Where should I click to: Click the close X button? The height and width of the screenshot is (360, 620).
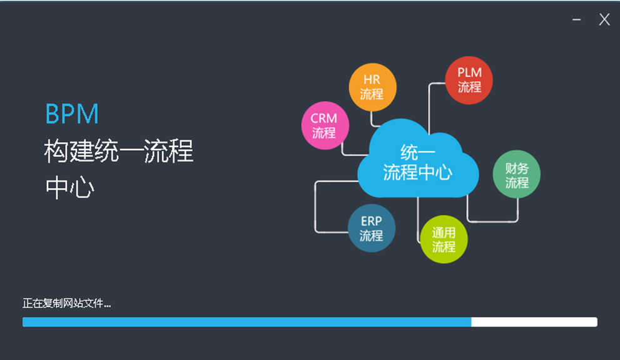coord(604,19)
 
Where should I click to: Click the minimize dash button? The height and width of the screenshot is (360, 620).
coord(576,20)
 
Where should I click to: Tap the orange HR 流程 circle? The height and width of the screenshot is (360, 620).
coord(372,88)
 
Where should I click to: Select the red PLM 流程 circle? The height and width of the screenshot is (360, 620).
coord(469,80)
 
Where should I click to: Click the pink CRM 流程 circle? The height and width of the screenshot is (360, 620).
coord(323,125)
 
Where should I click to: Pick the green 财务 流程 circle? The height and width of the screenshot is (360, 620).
coord(517,175)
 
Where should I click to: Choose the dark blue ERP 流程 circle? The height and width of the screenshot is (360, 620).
coord(371,229)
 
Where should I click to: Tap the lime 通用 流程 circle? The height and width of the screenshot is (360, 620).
coord(444,239)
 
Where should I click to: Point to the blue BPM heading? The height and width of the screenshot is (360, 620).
coord(72,115)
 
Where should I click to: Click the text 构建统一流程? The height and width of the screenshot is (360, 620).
coord(119,152)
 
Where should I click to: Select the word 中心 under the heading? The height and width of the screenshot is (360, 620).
coord(69,188)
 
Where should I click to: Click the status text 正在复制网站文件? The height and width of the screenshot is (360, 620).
coord(66,304)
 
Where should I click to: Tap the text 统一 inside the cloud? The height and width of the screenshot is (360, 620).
coord(417,152)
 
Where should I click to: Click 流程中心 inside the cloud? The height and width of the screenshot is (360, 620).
coord(417,172)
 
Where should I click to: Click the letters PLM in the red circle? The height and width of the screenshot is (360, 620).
coord(469,73)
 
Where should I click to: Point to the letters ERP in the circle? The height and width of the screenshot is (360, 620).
coord(371,222)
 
